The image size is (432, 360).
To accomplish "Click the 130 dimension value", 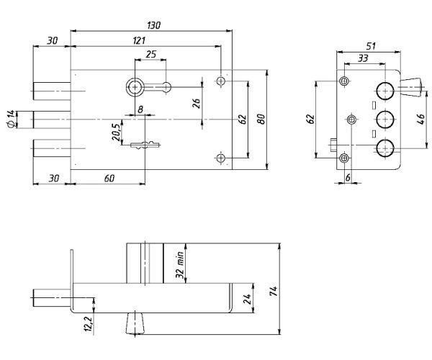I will (x=153, y=25).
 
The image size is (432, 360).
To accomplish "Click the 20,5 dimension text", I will (x=115, y=131).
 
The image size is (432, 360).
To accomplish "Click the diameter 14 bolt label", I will (x=10, y=120).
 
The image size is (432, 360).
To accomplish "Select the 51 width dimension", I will (x=370, y=47).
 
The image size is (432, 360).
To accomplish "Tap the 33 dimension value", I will (x=364, y=60).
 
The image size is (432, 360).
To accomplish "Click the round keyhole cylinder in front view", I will (x=135, y=88).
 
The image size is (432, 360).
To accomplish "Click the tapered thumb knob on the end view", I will (x=411, y=89).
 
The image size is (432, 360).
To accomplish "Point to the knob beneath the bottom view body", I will (x=134, y=323).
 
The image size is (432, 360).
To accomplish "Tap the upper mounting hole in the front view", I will (x=220, y=81).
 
